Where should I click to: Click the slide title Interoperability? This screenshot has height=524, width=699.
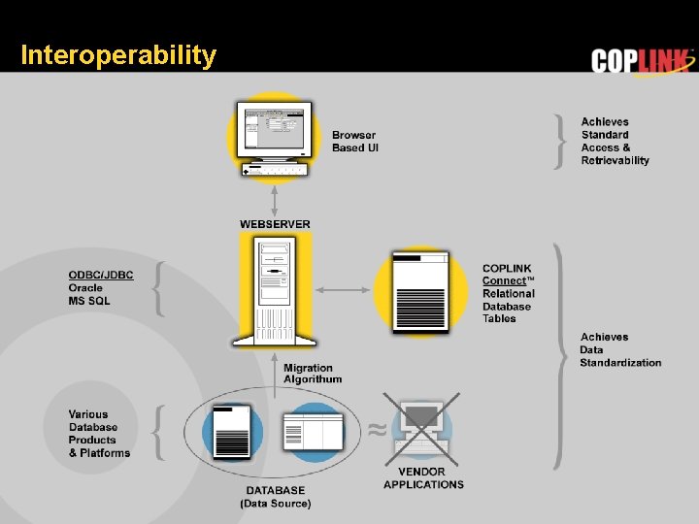pos(117,55)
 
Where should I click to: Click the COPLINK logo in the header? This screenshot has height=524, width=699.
pos(643,60)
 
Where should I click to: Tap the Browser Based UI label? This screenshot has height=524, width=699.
pos(353,142)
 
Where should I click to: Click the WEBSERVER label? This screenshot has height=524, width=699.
pos(276,224)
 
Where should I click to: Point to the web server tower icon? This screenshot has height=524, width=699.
pos(275,289)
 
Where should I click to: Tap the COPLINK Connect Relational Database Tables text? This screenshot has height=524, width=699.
pos(508,293)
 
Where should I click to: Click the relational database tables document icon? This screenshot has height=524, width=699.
pos(421,290)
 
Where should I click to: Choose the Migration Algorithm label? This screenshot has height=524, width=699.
pos(313,374)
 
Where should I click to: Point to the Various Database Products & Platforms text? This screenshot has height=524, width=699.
pos(99,434)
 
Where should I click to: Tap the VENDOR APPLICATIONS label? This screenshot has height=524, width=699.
pos(423,478)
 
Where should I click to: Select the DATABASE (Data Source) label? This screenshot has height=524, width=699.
pos(276,497)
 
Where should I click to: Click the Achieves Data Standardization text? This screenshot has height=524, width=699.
pos(620,350)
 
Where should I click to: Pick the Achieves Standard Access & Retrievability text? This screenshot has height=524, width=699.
pos(615,142)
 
